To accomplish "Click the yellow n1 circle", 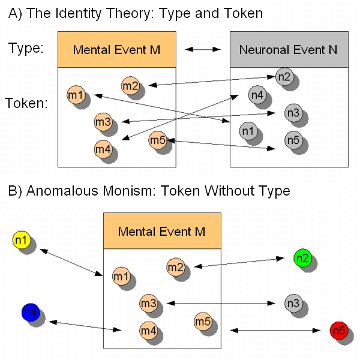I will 21,241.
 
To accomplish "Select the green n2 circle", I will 302,258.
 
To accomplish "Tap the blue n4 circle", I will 30,312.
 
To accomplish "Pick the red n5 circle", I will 338,331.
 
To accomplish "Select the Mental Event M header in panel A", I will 116,49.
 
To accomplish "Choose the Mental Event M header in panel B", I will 161,231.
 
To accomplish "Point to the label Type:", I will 26,48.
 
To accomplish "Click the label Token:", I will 26,103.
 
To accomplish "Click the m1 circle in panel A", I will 76,95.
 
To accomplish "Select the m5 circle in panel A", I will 157,140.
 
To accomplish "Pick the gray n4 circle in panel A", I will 257,94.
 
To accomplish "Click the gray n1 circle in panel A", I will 247,130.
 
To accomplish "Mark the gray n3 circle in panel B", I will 292,303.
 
